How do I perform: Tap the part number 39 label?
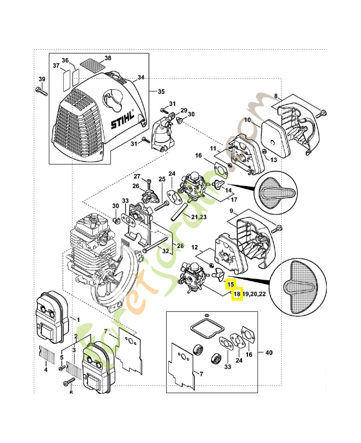click(41, 79)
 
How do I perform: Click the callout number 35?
click(161, 91)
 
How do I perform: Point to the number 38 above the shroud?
click(107, 58)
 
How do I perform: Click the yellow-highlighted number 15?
click(231, 285)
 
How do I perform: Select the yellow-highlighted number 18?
click(236, 294)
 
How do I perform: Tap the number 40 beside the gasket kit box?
click(269, 352)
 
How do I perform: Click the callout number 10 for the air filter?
click(247, 120)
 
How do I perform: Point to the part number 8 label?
click(276, 96)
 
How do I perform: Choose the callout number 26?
click(135, 186)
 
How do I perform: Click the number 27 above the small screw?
click(138, 177)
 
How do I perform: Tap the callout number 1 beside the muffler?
click(78, 320)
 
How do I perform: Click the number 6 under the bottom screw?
click(71, 393)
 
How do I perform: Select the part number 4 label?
click(45, 369)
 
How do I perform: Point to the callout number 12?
click(194, 247)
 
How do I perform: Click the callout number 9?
click(230, 211)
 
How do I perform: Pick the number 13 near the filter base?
click(273, 159)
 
